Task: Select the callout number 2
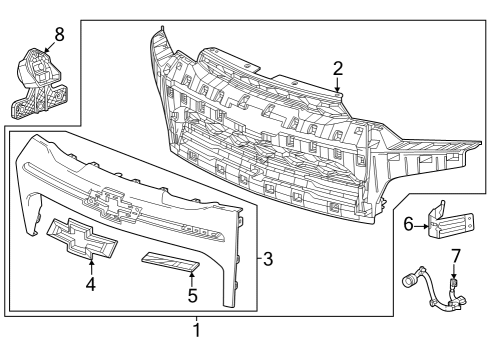(x=338, y=68)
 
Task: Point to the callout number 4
(x=91, y=284)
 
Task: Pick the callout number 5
(x=192, y=295)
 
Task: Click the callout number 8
(x=58, y=33)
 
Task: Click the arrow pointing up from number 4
(x=91, y=265)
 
